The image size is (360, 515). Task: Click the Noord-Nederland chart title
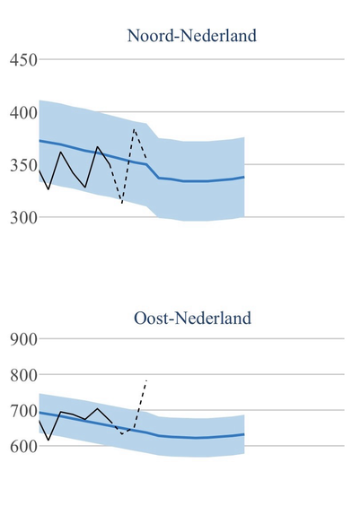pos(192,36)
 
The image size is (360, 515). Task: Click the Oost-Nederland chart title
pos(192,318)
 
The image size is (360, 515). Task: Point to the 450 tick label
pos(23,60)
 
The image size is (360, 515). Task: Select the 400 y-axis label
pos(23,113)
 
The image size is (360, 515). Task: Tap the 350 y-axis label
pos(23,165)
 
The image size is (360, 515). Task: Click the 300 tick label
pos(23,217)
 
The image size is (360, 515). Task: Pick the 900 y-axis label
pos(23,339)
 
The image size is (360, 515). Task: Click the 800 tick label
pos(23,375)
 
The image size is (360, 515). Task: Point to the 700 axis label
pos(23,411)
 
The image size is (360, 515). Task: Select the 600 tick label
pos(23,447)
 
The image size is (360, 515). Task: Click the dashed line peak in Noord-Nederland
pos(134,129)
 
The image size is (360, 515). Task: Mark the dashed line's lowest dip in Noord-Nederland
pos(122,204)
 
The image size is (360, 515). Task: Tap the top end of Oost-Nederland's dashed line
pos(146,380)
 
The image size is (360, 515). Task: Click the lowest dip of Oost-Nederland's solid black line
pos(48,440)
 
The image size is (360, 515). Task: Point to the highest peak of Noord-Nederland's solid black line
pos(97,146)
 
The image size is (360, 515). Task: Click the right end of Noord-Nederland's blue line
pos(244,177)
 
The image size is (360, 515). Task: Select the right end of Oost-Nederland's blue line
pos(244,434)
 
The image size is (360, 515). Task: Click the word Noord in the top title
pos(150,36)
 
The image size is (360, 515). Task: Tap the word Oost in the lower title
pos(151,318)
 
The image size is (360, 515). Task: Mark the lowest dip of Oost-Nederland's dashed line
pos(122,434)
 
